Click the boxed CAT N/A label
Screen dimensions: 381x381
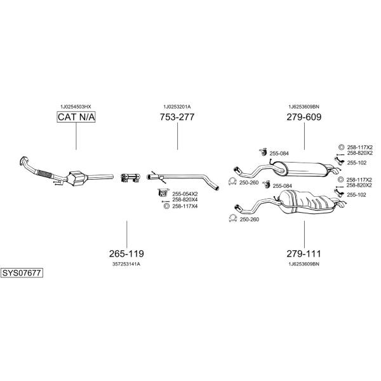point(76,117)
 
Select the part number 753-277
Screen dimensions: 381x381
point(177,117)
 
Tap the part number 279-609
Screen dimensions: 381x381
point(304,117)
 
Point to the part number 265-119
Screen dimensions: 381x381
point(126,253)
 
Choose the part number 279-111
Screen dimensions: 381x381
point(304,253)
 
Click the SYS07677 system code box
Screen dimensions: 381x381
point(22,273)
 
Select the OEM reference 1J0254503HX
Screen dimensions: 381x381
point(76,107)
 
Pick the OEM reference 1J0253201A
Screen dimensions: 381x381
point(177,107)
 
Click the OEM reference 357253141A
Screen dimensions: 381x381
point(126,264)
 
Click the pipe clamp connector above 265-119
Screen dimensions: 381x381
point(130,178)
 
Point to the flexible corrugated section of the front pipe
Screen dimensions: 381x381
point(44,173)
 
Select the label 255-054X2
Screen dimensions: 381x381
point(185,194)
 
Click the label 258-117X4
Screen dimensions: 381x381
point(185,206)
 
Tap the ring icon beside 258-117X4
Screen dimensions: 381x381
point(166,206)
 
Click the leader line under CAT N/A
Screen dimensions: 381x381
point(76,136)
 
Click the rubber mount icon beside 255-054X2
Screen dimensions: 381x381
point(163,192)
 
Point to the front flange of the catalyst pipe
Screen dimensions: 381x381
point(23,161)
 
